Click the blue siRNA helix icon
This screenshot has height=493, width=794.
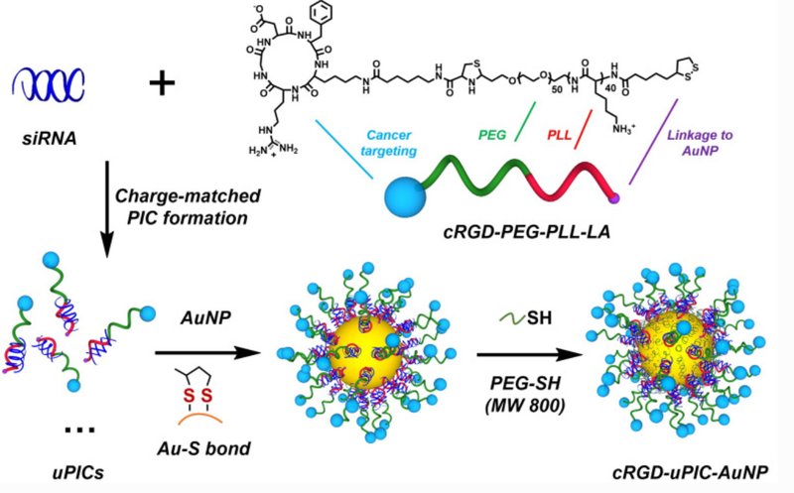48,84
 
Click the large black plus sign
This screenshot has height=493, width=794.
162,83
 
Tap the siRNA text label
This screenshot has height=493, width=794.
49,138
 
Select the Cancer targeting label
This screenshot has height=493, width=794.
389,143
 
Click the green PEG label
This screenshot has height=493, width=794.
492,135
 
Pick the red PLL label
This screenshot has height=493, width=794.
559,135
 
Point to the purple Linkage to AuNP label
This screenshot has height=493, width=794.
700,143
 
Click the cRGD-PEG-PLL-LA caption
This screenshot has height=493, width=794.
527,231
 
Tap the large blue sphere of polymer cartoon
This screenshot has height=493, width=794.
405,196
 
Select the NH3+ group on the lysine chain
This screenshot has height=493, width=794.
623,129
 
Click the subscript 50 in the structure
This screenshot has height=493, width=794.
556,89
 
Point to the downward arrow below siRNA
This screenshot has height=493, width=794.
106,209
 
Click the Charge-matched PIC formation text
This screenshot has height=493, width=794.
188,206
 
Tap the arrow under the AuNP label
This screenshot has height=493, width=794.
207,353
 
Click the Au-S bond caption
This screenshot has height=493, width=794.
204,448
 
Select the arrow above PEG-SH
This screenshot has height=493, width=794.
530,354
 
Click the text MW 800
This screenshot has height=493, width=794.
525,406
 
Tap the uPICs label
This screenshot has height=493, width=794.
78,472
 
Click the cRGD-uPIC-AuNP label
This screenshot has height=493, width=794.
690,472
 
